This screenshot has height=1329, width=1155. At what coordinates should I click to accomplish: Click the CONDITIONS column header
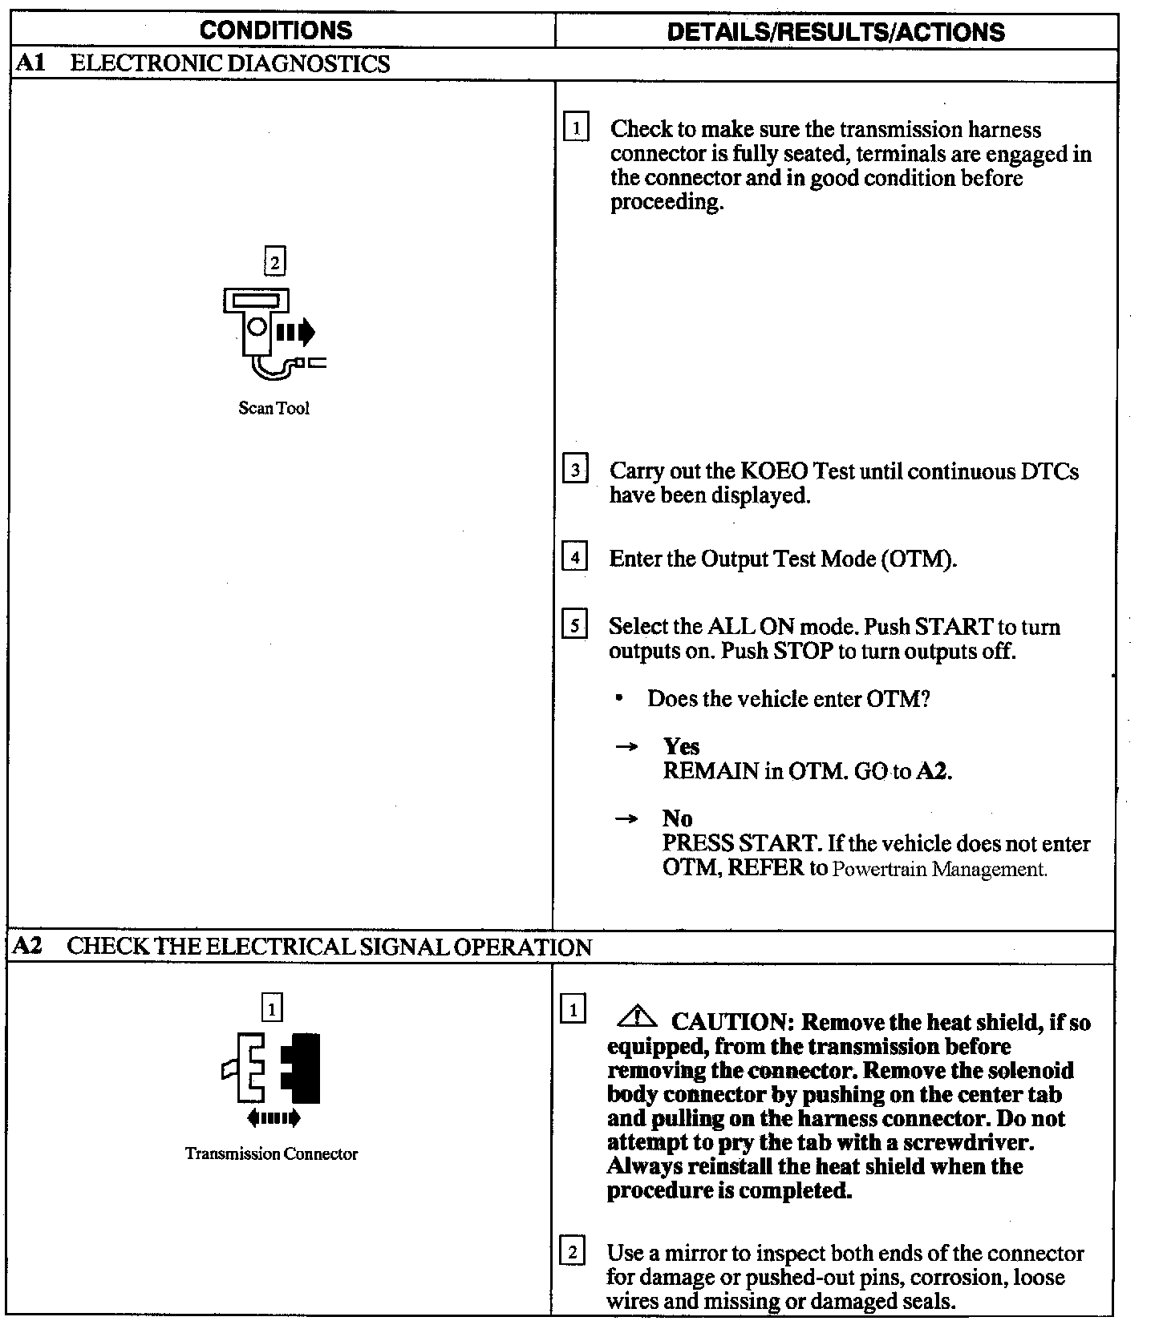pos(275,30)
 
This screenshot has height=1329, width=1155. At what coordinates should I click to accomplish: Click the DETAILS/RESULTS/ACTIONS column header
pos(835,31)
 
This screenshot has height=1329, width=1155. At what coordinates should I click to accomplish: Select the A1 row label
pos(30,63)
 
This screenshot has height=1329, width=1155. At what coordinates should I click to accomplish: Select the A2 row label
pos(28,946)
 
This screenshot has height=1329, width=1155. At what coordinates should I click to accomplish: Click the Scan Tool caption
pos(274,408)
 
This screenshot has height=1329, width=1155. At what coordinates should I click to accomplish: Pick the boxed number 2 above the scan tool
pos(274,262)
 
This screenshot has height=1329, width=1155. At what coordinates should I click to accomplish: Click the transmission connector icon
pos(273,1068)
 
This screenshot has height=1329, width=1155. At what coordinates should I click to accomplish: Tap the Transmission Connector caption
pos(271,1153)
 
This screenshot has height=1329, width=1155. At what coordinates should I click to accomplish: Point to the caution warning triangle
pos(636,1018)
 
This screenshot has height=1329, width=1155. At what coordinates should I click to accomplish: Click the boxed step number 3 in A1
pos(575,468)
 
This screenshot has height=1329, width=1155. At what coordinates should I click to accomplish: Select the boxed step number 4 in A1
pos(575,555)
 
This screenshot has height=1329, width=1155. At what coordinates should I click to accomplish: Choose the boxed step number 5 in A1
pos(575,624)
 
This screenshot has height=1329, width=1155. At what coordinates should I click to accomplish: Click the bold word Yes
pos(681,746)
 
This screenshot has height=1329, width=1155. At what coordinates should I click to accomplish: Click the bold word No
pos(677,818)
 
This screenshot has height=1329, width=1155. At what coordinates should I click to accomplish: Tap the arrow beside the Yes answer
pos(626,747)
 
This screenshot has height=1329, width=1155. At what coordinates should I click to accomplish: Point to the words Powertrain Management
pos(939,869)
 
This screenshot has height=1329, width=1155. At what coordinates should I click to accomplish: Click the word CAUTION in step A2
pos(732,1022)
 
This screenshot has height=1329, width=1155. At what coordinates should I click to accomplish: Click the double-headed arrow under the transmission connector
pos(274,1117)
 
